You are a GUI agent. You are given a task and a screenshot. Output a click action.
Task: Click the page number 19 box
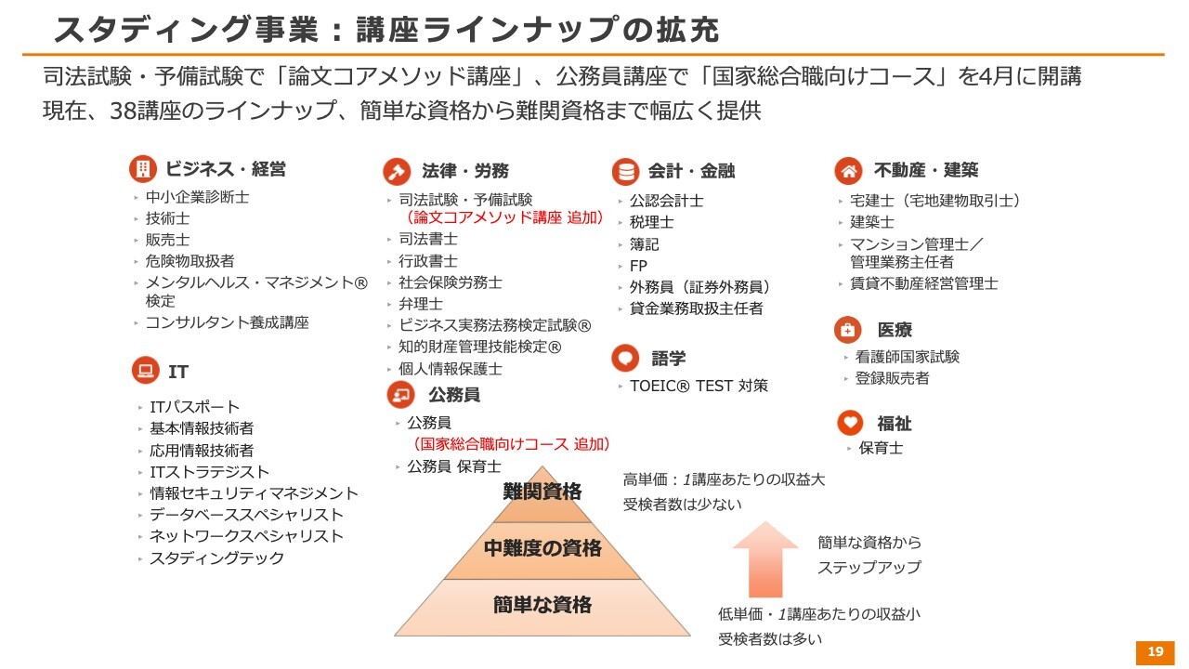pyautogui.click(x=1155, y=652)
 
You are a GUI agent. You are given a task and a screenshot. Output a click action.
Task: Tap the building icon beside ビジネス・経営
pyautogui.click(x=142, y=169)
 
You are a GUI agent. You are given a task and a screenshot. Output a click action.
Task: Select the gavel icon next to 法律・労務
pyautogui.click(x=397, y=172)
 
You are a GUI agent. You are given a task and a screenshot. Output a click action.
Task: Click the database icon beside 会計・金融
pyautogui.click(x=625, y=172)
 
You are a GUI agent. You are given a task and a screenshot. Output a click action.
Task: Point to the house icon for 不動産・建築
pyautogui.click(x=848, y=170)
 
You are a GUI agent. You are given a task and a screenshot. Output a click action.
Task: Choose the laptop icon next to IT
pyautogui.click(x=146, y=370)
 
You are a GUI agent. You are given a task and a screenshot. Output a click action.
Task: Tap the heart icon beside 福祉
pyautogui.click(x=850, y=423)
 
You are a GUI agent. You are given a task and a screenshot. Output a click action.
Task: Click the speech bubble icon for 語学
pyautogui.click(x=625, y=358)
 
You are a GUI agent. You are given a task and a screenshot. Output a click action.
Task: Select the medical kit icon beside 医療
pyautogui.click(x=848, y=330)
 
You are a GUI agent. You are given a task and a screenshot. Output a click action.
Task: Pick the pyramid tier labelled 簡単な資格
pyautogui.click(x=542, y=608)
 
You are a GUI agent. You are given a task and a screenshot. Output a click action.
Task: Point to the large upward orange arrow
pyautogui.click(x=764, y=559)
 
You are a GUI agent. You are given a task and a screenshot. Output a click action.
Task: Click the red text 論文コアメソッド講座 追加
pyautogui.click(x=503, y=217)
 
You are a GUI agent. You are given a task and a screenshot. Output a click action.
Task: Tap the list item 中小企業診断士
pyautogui.click(x=197, y=197)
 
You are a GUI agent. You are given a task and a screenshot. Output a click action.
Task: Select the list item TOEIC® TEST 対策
pyautogui.click(x=699, y=386)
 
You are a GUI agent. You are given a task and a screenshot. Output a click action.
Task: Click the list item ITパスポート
pyautogui.click(x=194, y=407)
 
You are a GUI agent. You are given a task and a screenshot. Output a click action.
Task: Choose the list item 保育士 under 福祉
pyautogui.click(x=881, y=448)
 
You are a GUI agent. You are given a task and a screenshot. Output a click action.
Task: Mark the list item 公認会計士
pyautogui.click(x=666, y=201)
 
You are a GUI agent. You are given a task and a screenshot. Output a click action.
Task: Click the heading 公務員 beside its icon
pyautogui.click(x=454, y=395)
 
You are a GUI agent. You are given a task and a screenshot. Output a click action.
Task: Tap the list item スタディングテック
pyautogui.click(x=216, y=558)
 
